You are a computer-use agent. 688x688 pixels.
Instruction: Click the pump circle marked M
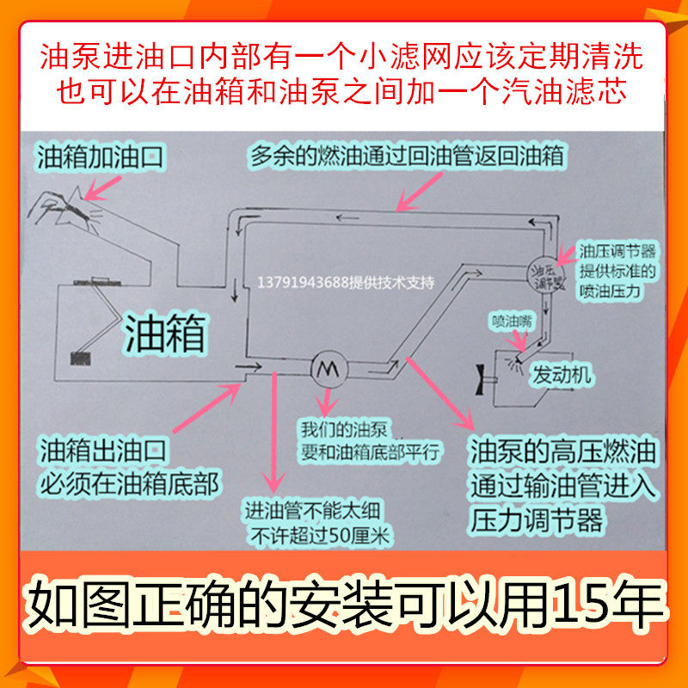(328, 368)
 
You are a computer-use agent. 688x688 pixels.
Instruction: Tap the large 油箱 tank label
(166, 332)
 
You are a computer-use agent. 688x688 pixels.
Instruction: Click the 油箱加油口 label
(100, 157)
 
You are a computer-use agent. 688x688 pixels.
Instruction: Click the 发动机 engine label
(563, 376)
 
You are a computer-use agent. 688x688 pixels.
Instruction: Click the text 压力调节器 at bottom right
(537, 520)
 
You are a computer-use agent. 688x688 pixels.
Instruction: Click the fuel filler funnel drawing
(69, 206)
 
